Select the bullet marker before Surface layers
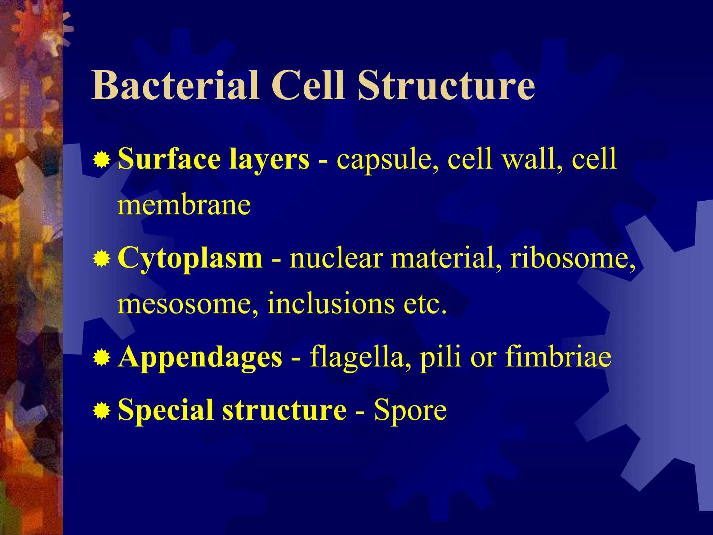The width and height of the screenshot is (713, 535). click(102, 161)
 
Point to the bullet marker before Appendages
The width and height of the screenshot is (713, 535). click(102, 358)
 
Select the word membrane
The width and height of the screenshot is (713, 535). click(184, 206)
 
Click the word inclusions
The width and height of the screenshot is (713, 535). click(331, 303)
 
